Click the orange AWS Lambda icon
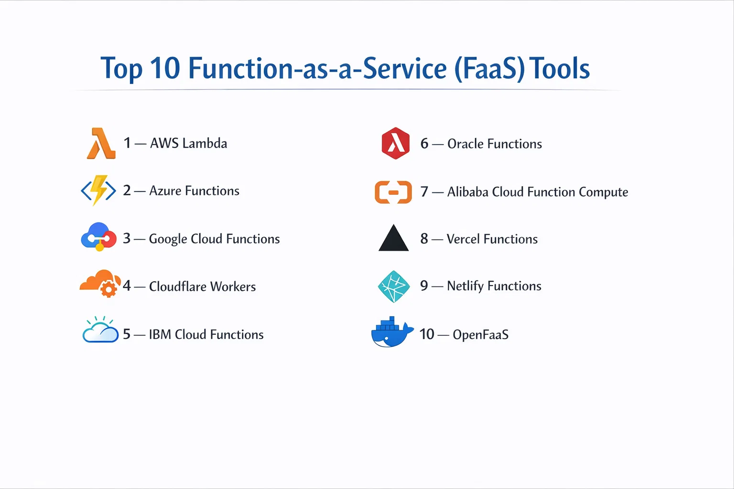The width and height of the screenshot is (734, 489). (101, 143)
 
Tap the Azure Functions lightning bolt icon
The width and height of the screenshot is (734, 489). (98, 191)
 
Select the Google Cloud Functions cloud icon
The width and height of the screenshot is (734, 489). (98, 236)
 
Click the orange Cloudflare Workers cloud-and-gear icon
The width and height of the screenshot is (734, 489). (100, 283)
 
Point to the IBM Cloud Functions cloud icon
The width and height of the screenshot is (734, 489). (100, 330)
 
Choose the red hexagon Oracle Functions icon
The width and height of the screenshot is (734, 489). (396, 143)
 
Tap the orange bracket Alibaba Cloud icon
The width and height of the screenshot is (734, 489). (393, 192)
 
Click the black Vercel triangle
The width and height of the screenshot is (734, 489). (393, 238)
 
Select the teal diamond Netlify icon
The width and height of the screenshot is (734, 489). (394, 287)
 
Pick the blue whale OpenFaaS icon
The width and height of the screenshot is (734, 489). (392, 332)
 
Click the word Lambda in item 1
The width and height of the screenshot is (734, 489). (205, 143)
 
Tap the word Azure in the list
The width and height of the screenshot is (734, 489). (165, 191)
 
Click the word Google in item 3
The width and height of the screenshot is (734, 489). (168, 239)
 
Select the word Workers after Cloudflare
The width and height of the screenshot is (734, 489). (233, 287)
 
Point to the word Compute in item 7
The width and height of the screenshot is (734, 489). (603, 192)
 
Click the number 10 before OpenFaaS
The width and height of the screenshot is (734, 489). (427, 334)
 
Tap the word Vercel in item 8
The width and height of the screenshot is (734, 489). (463, 239)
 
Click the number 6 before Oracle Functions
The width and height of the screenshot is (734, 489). (424, 144)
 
